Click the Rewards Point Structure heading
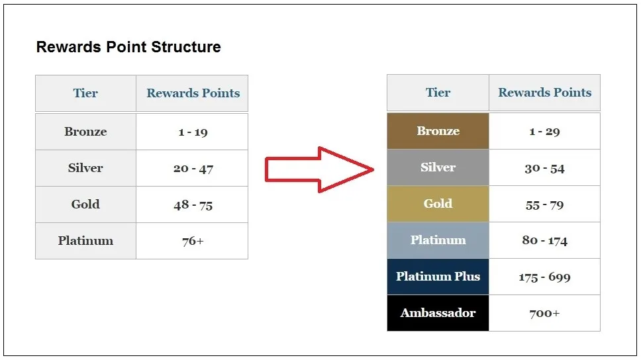tap(128, 47)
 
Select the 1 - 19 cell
tap(192, 132)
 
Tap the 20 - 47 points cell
tap(192, 168)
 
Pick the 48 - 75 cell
tap(192, 204)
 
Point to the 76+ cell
tap(192, 241)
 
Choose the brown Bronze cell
tap(438, 131)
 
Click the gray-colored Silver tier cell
tap(438, 167)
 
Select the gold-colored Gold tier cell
tap(438, 204)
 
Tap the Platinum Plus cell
tap(438, 277)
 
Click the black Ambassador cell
tap(438, 313)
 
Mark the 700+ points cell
tap(544, 313)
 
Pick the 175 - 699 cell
tap(544, 277)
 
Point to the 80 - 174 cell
tap(544, 240)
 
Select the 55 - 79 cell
tap(544, 204)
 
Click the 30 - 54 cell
tap(544, 167)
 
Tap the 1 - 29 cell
tap(544, 131)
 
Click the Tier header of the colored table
tap(438, 93)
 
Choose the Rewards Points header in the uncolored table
tap(193, 93)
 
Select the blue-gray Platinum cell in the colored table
tap(438, 240)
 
